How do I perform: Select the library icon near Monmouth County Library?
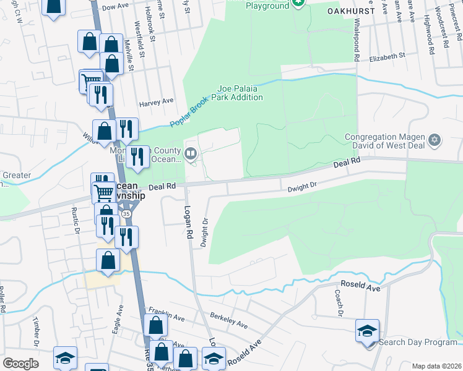click(191, 153)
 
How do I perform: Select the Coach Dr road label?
click(339, 303)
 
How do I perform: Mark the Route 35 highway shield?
click(127, 213)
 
